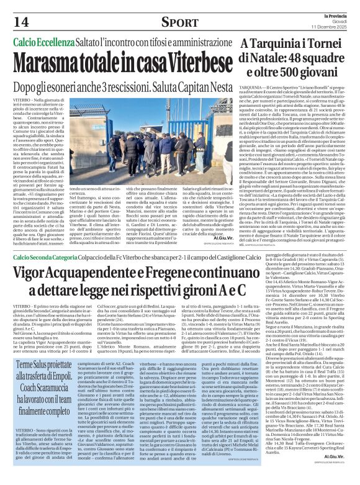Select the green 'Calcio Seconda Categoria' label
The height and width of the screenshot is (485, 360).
pyautogui.click(x=52, y=256)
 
